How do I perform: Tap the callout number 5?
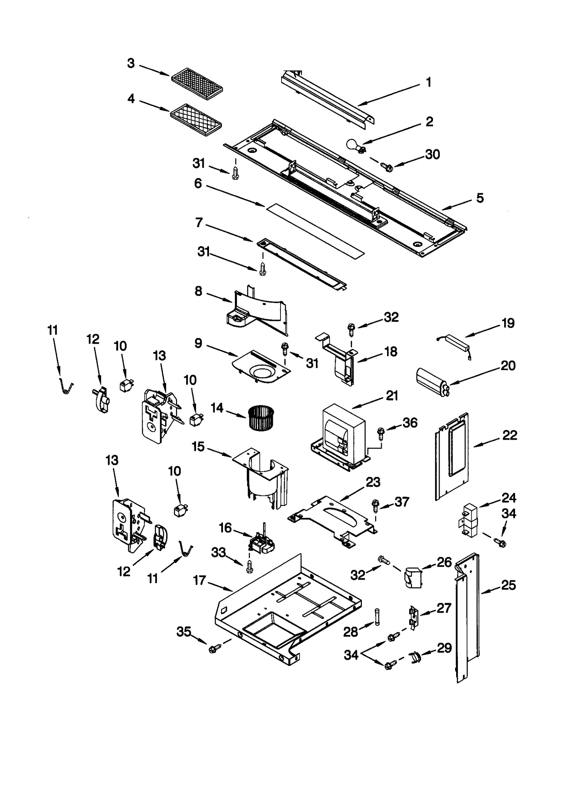[x=480, y=198]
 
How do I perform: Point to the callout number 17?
[x=199, y=581]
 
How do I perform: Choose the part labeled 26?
[x=412, y=577]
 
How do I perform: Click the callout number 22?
[x=509, y=436]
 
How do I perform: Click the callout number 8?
[x=198, y=291]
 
